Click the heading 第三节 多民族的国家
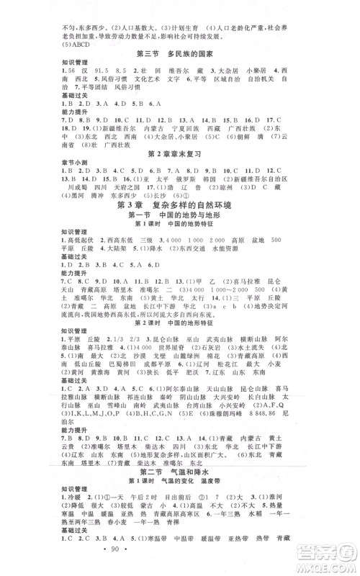(179, 54)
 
